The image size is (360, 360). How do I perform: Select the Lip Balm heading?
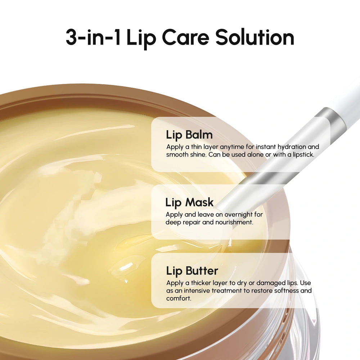pos(189,135)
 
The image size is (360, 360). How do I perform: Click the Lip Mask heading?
pos(189,202)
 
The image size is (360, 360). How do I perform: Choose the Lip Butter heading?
pos(192,270)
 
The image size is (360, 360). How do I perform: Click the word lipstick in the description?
pos(303,154)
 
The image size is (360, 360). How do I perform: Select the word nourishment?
pos(234,222)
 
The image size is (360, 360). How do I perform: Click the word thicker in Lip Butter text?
pos(204,283)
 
